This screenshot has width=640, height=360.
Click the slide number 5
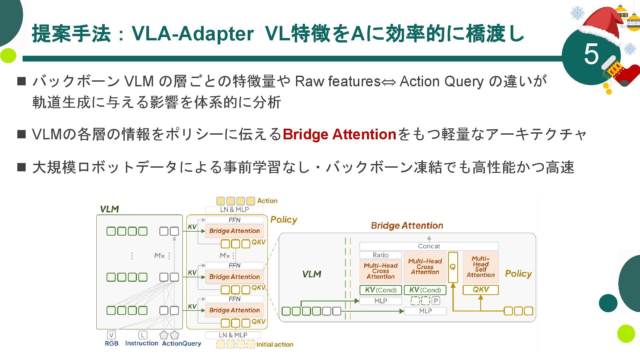(591, 54)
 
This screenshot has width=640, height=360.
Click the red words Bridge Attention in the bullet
(339, 134)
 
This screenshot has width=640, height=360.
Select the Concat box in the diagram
(429, 246)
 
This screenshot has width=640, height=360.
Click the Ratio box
(380, 255)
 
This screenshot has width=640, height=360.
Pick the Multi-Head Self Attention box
(480, 267)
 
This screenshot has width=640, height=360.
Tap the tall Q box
(453, 267)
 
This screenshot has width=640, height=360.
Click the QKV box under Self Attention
(480, 290)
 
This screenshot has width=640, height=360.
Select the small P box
(435, 301)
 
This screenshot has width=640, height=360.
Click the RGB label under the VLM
(111, 343)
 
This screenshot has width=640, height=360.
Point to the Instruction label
(142, 343)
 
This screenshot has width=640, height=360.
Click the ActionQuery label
(181, 343)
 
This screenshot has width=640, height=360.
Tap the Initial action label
(275, 344)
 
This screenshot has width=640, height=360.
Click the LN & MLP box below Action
(234, 210)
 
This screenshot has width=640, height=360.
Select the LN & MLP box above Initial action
(233, 335)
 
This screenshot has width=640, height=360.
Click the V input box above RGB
(111, 335)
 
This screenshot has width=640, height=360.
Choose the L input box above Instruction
(142, 335)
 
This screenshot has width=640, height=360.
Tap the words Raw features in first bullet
(338, 81)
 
